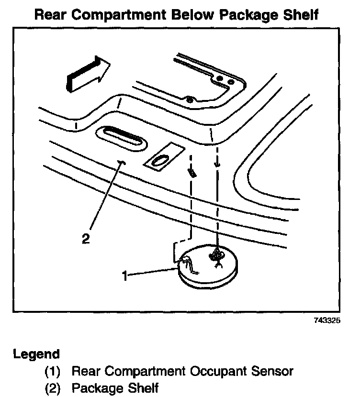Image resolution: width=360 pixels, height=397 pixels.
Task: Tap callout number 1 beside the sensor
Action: (125, 276)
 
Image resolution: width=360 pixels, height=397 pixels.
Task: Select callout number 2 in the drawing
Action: (86, 238)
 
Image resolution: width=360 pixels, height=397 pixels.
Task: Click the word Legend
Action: (37, 354)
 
